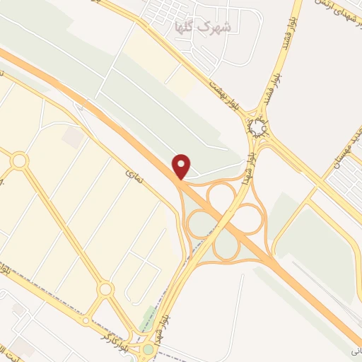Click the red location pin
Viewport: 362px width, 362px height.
pos(182,166)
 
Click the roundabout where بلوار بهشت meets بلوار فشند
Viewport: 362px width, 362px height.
pos(257,128)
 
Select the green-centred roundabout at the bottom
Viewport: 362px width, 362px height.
pos(148,348)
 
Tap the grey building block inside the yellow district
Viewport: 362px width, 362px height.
pos(72,137)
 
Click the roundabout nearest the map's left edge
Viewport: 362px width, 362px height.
pos(19,161)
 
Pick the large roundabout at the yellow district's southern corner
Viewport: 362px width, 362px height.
pos(105,288)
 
